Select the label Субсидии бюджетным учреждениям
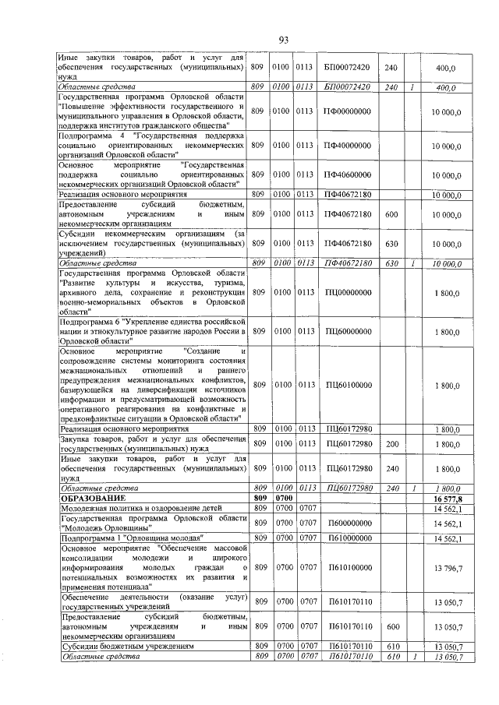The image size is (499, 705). coord(126,646)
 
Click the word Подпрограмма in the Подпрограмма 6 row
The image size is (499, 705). coord(83,321)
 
